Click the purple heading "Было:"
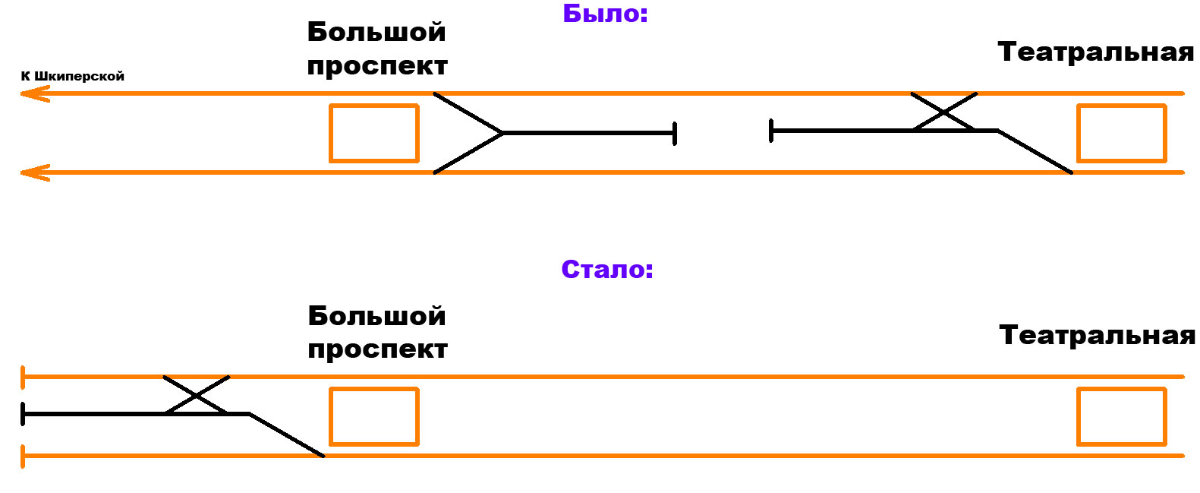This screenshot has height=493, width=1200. coord(605,14)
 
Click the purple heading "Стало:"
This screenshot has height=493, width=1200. coord(607,270)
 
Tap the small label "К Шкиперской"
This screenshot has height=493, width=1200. coord(72,76)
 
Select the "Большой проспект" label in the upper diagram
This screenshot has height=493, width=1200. coord(377,49)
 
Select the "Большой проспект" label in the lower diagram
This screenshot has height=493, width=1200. coord(377,332)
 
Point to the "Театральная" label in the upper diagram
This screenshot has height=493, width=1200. coord(1095,52)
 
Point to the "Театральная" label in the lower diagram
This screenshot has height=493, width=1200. coord(1097,335)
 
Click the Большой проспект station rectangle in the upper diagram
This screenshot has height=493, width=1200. coord(373,133)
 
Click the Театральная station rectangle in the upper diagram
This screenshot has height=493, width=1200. coord(1121,133)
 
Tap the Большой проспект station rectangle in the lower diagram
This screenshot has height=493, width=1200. coord(373,416)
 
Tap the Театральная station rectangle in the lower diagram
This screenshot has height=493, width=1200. coord(1121,416)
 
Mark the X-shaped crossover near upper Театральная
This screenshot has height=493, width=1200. coord(943,112)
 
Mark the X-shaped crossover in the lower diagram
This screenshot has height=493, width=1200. coord(197,395)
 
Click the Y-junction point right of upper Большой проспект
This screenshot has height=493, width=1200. coord(502,133)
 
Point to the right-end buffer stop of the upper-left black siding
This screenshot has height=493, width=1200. coord(674,133)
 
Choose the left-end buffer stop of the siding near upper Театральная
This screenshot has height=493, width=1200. coord(771,131)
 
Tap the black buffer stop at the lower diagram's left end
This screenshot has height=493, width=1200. coord(24,414)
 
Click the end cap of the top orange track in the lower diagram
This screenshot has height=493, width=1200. coord(24,377)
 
